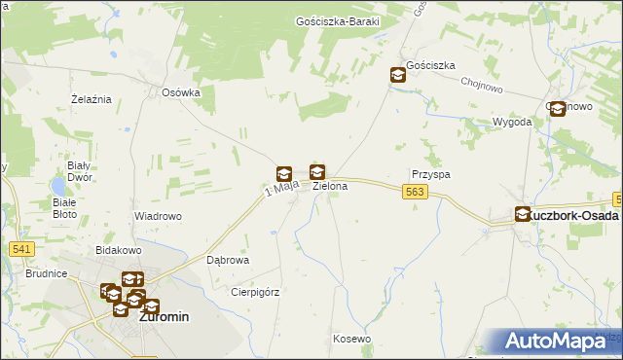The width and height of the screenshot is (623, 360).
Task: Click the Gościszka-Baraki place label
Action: pyautogui.click(x=337, y=20)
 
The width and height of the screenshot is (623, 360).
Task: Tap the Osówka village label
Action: pyautogui.click(x=181, y=92)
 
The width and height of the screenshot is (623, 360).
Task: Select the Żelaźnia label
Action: pyautogui.click(x=92, y=99)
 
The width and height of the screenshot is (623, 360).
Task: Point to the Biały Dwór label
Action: pyautogui.click(x=78, y=172)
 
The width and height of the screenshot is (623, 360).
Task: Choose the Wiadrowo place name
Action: pyautogui.click(x=158, y=216)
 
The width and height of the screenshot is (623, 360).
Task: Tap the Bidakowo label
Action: pyautogui.click(x=119, y=250)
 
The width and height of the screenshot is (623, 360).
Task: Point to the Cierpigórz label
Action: pyautogui.click(x=255, y=291)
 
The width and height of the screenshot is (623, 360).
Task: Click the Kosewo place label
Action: pyautogui.click(x=351, y=339)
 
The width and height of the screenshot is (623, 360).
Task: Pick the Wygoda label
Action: pyautogui.click(x=512, y=122)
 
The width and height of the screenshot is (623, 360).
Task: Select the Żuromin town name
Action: pyautogui.click(x=164, y=317)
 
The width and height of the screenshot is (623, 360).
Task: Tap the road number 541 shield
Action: pyautogui.click(x=22, y=250)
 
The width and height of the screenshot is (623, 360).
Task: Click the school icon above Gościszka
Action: pyautogui.click(x=398, y=74)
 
